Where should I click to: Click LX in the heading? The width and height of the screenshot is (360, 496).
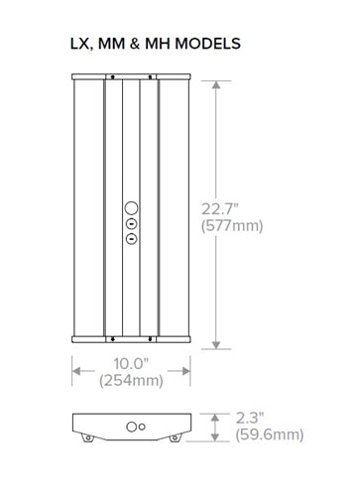(78, 44)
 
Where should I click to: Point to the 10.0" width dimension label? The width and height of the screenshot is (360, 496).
(131, 363)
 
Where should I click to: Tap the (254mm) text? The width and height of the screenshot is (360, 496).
(131, 381)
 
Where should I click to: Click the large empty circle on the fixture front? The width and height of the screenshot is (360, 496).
(130, 209)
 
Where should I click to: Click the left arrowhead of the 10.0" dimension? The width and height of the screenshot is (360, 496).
(76, 372)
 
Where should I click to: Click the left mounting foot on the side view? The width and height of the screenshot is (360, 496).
(88, 437)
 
